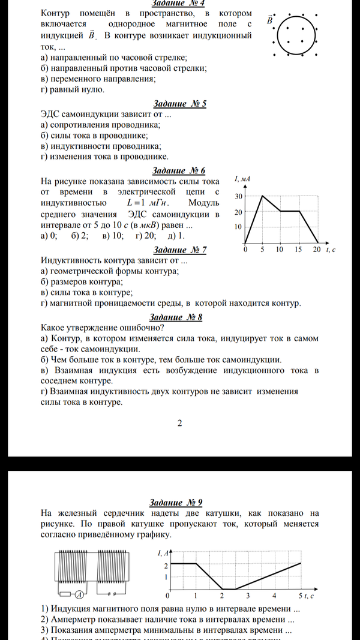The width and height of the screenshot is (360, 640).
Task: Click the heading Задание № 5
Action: click(x=179, y=104)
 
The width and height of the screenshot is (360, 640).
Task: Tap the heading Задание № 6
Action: click(x=179, y=170)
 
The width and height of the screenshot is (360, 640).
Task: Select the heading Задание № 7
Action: click(x=179, y=250)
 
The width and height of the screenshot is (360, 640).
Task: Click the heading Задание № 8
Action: click(x=179, y=317)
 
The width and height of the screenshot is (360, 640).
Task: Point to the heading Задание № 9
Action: click(x=179, y=503)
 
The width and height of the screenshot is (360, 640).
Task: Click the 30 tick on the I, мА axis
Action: click(x=238, y=197)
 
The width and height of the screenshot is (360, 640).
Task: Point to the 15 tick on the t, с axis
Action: click(x=299, y=250)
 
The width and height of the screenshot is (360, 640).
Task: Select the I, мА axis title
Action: click(x=242, y=180)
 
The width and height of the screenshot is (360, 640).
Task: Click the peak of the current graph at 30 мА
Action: click(x=262, y=196)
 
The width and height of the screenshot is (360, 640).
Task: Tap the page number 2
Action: click(x=179, y=423)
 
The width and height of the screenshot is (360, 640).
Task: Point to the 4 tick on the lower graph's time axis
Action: click(x=274, y=596)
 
